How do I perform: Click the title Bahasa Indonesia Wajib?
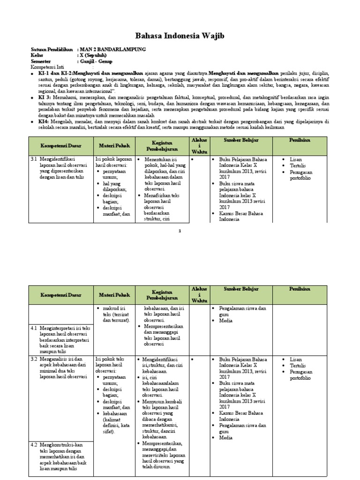click(180, 35)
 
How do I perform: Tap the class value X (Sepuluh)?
click(93, 55)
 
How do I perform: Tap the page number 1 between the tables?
click(180, 231)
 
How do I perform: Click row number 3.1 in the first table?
click(34, 159)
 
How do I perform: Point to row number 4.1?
click(34, 328)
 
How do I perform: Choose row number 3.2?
click(34, 359)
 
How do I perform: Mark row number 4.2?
click(34, 444)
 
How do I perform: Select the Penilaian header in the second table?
click(299, 289)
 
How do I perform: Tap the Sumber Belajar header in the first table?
click(241, 140)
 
